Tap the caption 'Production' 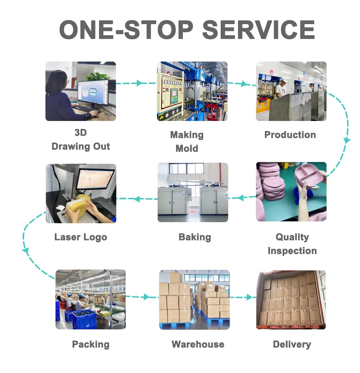coord(290,135)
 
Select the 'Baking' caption coord(194,237)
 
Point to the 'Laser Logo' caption coord(81,237)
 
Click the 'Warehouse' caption coord(198,344)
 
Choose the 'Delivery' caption coord(292,344)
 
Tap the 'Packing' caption coord(91,344)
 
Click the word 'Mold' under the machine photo coord(186,148)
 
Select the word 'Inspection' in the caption coord(292,251)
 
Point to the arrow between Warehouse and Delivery coord(247,297)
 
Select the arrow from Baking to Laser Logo coord(137,198)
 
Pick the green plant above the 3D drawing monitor coord(98,76)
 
